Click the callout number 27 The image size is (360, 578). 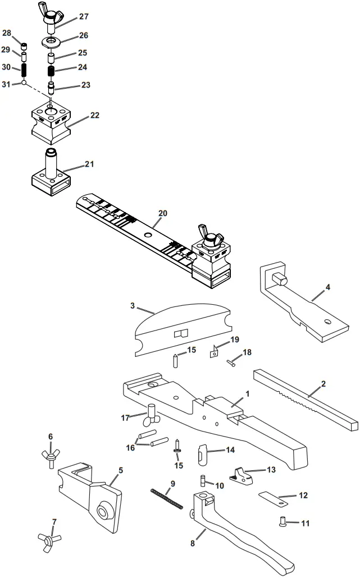[84, 16]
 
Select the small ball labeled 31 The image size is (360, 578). [24, 83]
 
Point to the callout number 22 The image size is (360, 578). [95, 116]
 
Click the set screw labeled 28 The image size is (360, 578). [24, 47]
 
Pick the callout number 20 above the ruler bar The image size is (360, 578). [163, 213]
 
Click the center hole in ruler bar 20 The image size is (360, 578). [148, 235]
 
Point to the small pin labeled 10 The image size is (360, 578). [203, 481]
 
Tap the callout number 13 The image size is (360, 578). [271, 470]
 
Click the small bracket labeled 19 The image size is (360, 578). [214, 352]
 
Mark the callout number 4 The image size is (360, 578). [328, 287]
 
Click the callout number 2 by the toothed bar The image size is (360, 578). [323, 384]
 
